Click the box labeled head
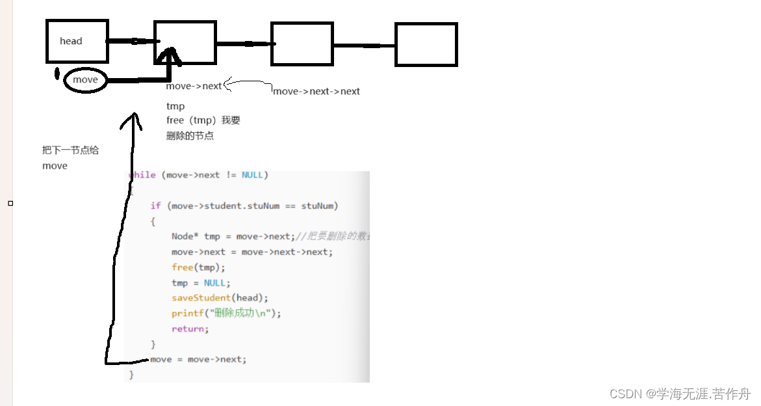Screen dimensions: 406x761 76,41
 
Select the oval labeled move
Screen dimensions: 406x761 85,80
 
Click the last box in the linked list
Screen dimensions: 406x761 426,44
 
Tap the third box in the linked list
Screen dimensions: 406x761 302,44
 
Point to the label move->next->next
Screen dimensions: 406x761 316,92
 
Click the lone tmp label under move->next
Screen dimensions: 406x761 175,106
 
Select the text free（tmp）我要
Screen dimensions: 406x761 203,120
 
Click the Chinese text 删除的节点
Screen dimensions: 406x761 190,136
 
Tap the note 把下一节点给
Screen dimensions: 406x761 70,150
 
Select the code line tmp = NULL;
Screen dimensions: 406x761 201,283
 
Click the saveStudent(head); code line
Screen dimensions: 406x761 220,298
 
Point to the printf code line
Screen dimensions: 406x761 226,314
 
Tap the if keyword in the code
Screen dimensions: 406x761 155,206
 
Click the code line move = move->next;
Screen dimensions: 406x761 198,359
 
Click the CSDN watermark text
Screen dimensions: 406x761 680,394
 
